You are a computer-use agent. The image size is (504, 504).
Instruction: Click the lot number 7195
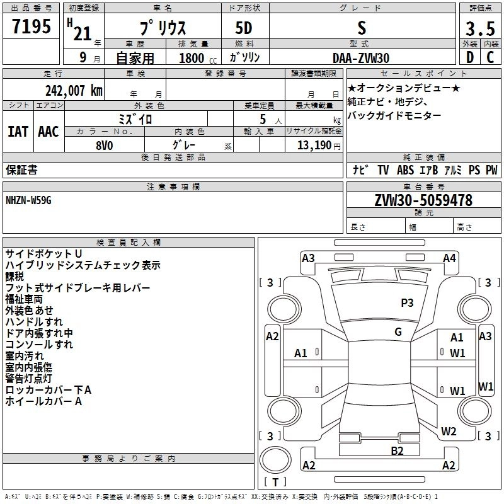pyautogui.click(x=31, y=27)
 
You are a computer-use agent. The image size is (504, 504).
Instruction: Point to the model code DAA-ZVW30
pyautogui.click(x=361, y=57)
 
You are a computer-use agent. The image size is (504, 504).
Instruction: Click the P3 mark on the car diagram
pyautogui.click(x=407, y=303)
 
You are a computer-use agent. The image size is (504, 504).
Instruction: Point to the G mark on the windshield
pyautogui.click(x=398, y=331)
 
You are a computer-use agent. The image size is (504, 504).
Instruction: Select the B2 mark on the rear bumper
pyautogui.click(x=397, y=450)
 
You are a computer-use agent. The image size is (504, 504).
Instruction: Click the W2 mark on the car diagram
pyautogui.click(x=449, y=432)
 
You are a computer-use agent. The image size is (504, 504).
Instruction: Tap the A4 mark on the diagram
pyautogui.click(x=449, y=258)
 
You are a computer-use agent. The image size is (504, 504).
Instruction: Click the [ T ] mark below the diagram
pyautogui.click(x=275, y=483)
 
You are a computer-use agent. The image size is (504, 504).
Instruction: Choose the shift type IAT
pyautogui.click(x=18, y=132)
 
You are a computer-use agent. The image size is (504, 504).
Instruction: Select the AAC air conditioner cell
pyautogui.click(x=49, y=132)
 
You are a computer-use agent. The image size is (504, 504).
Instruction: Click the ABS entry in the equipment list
pyautogui.click(x=405, y=170)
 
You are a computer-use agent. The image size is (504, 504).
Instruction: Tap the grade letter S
pyautogui.click(x=361, y=28)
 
